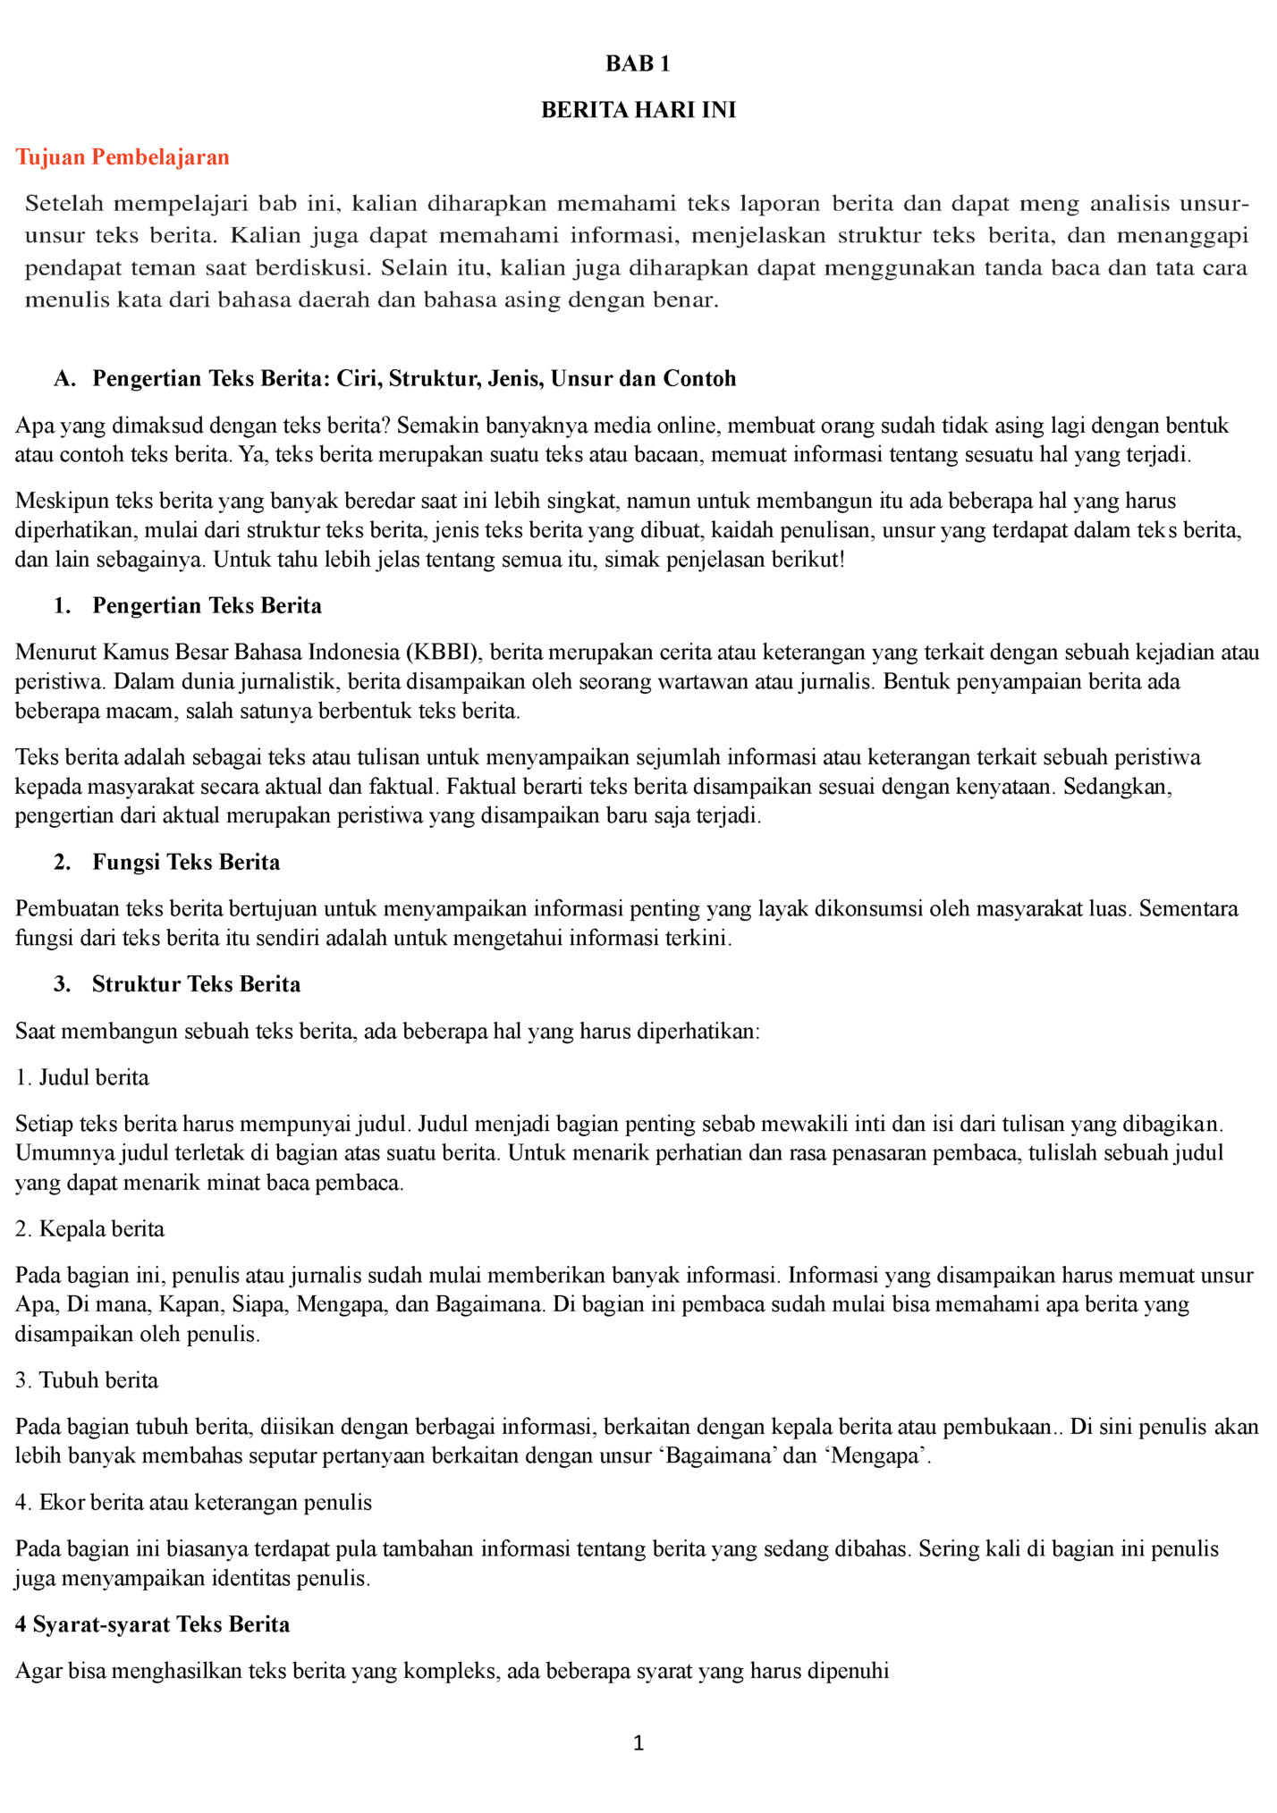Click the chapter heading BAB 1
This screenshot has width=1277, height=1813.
[x=638, y=63]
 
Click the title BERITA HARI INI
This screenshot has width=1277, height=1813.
[x=638, y=110]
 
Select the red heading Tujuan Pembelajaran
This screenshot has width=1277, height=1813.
[x=123, y=157]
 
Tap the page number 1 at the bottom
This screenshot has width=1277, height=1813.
[x=638, y=1742]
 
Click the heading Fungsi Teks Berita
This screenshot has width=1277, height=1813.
[x=186, y=862]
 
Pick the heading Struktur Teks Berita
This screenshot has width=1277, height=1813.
[x=196, y=984]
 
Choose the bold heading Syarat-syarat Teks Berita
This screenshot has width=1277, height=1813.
[x=161, y=1624]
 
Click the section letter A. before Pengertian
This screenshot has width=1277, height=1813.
[x=63, y=379]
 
